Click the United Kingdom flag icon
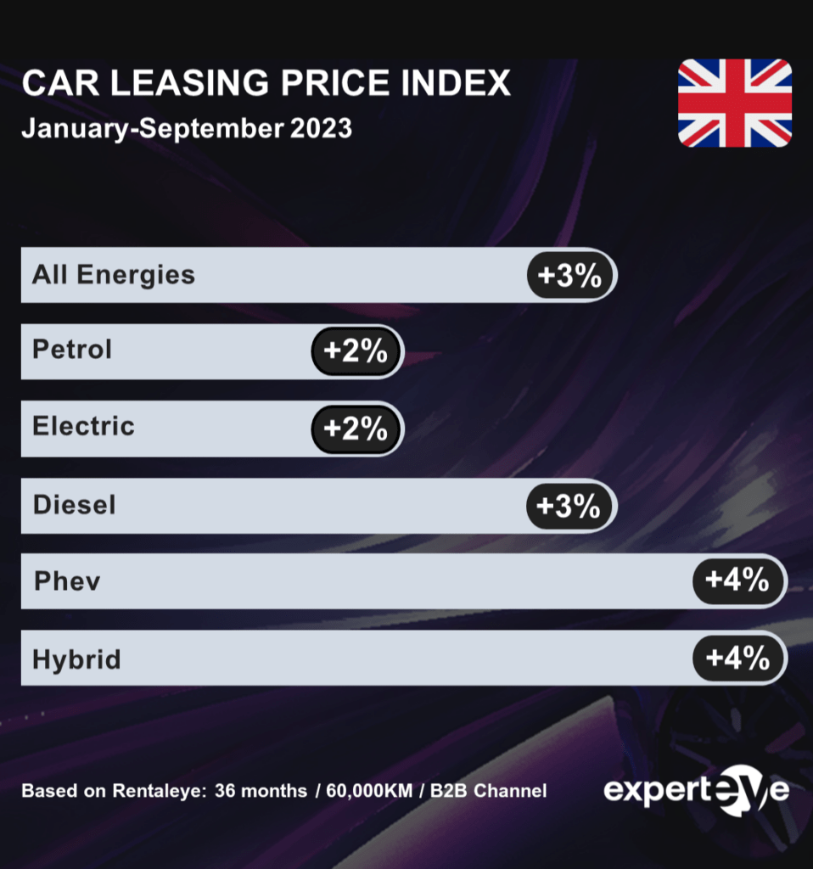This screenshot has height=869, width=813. (734, 103)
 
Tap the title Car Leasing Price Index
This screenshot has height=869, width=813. (266, 83)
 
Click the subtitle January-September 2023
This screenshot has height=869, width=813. (186, 128)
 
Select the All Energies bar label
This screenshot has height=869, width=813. (114, 275)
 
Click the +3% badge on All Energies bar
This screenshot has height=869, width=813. (569, 275)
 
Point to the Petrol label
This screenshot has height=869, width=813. (72, 350)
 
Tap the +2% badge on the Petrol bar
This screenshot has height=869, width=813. (356, 350)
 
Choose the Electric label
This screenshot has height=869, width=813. (83, 426)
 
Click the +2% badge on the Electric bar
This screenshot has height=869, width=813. (356, 429)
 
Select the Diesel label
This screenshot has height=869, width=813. (74, 505)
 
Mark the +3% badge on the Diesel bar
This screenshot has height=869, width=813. (569, 506)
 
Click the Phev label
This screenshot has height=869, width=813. (67, 581)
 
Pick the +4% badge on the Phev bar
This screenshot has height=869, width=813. (737, 580)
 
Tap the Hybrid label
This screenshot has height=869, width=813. (76, 659)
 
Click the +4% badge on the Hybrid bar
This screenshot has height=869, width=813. (737, 658)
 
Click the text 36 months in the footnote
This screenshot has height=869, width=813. (261, 791)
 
